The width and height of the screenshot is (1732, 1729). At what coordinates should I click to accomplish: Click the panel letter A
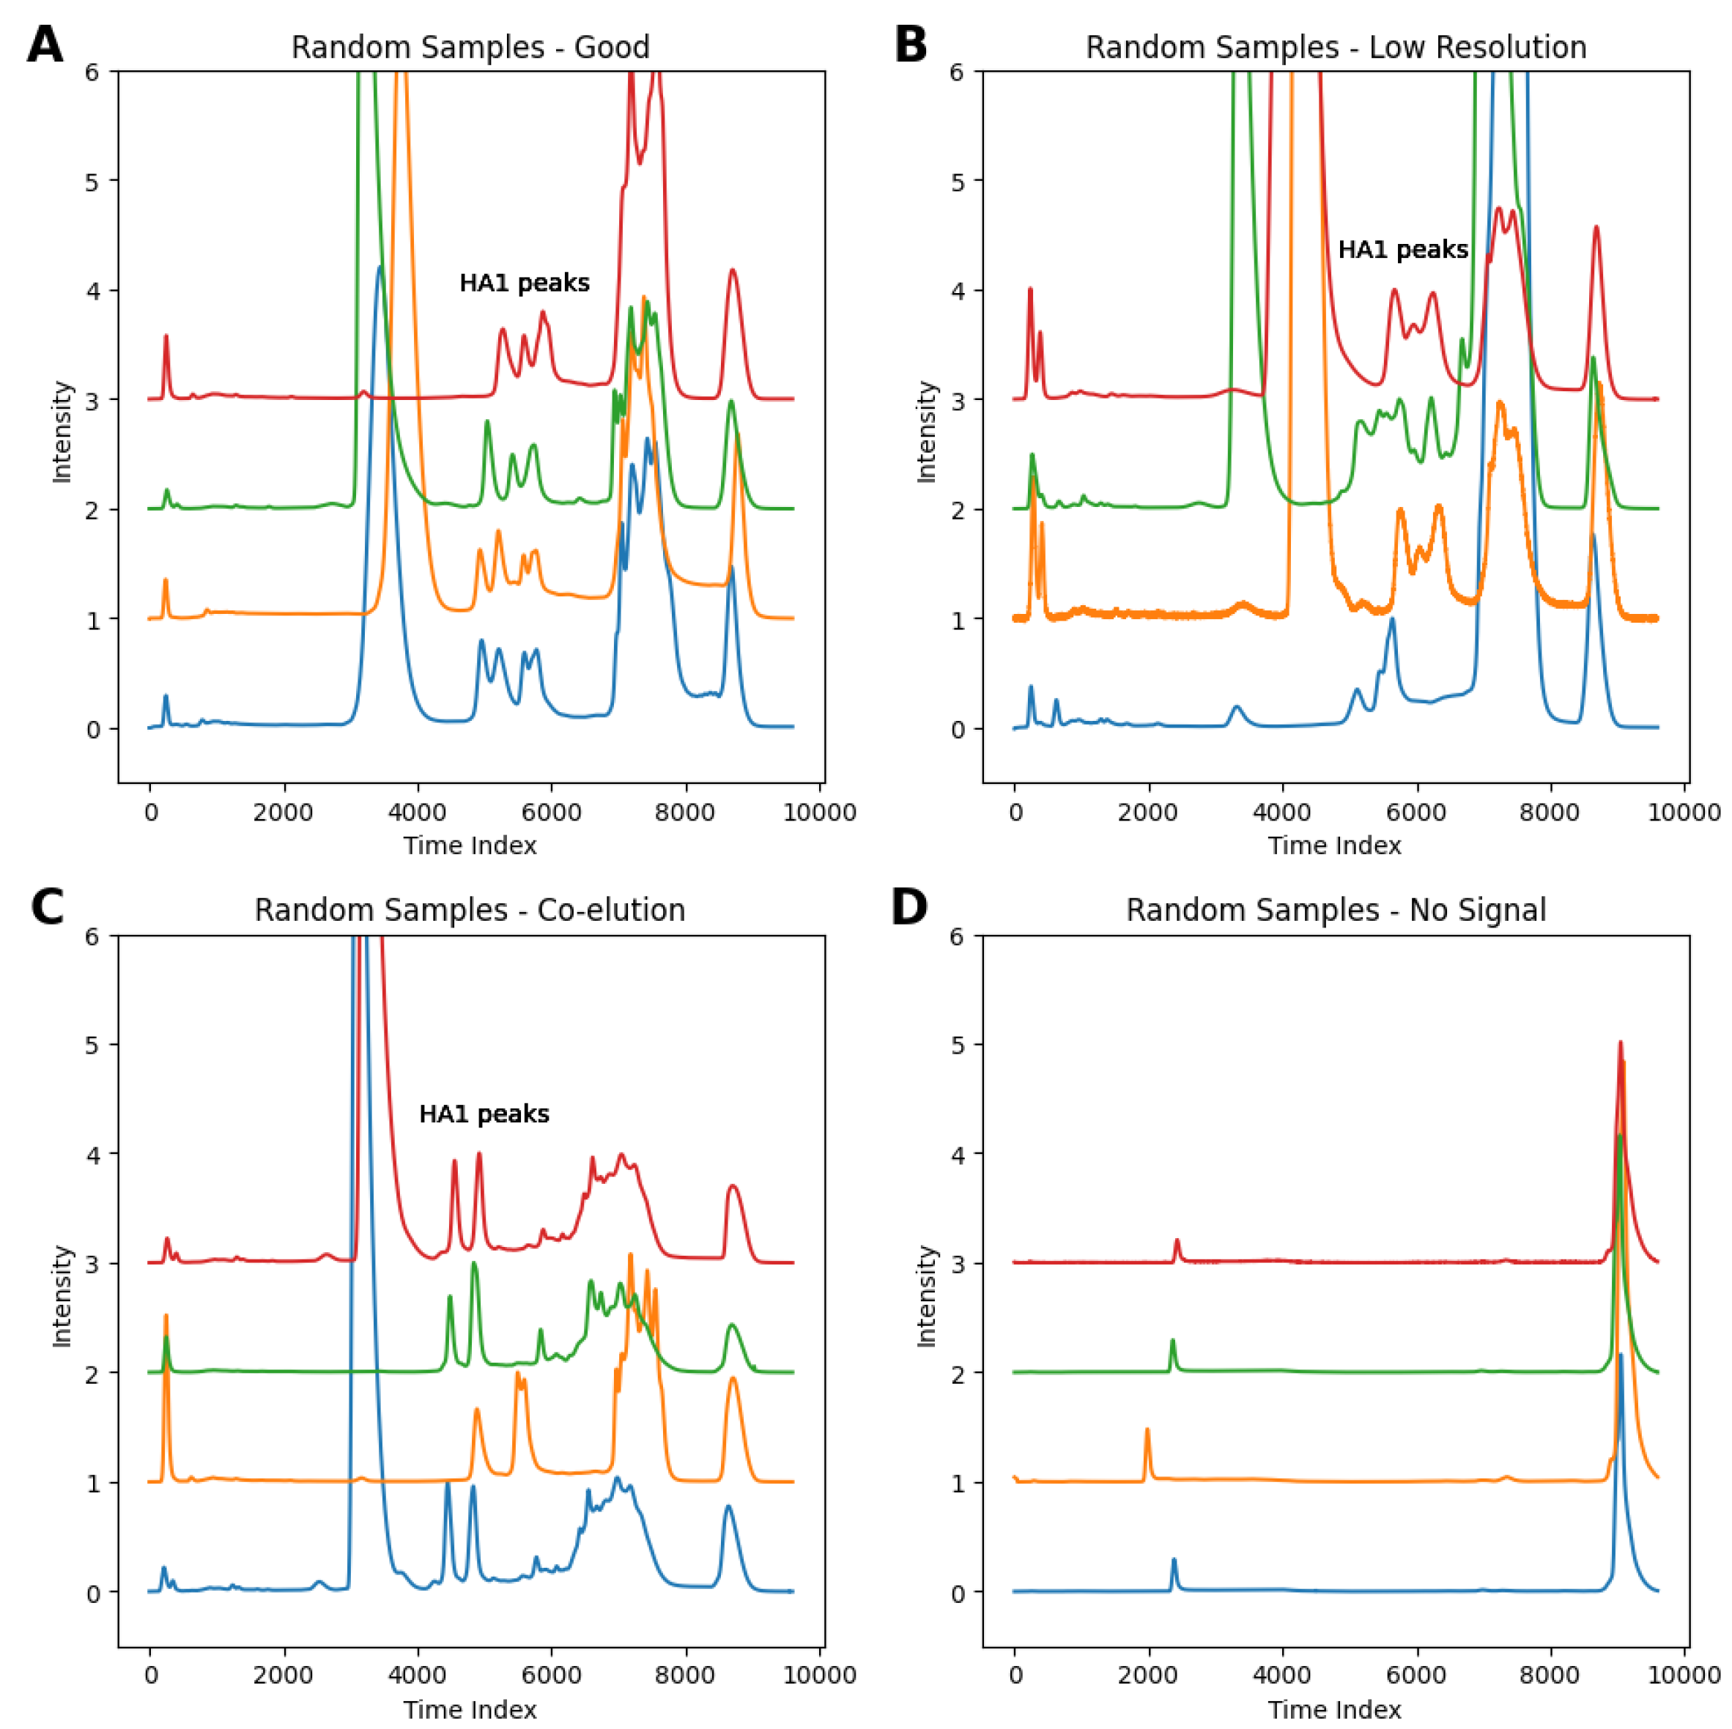(45, 44)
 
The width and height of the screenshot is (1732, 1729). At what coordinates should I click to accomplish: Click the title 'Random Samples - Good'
(470, 48)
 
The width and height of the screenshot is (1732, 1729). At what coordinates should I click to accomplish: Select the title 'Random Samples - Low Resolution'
(1335, 48)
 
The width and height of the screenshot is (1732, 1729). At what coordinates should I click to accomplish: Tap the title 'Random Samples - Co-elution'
(470, 910)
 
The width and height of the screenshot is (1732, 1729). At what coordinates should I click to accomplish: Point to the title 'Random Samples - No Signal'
(1335, 910)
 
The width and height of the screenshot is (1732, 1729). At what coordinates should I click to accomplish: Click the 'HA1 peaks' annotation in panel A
(525, 284)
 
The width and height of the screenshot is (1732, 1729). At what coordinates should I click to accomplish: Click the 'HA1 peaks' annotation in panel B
(1402, 249)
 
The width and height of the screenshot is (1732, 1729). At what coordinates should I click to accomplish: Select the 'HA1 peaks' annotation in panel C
(484, 1114)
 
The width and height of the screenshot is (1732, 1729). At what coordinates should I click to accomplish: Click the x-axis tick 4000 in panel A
(418, 813)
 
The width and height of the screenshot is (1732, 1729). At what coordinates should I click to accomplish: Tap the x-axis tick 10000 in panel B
(1684, 813)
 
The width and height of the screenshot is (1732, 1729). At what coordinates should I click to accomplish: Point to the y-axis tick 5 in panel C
(92, 1045)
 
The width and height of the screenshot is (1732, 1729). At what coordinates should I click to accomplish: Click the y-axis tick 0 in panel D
(958, 1593)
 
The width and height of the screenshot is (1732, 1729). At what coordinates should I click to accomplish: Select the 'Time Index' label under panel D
(1334, 1709)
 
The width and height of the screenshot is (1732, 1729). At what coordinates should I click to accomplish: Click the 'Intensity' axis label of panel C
(62, 1296)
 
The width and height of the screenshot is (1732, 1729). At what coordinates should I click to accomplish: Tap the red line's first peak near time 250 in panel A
(166, 337)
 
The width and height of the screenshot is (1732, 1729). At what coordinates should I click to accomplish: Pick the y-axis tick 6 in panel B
(958, 72)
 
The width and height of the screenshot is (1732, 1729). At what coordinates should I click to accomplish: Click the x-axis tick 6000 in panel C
(552, 1676)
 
